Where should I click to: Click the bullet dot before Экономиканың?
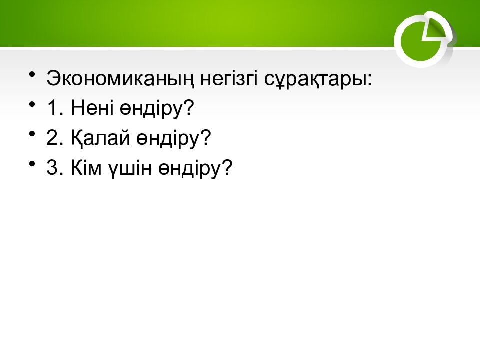click(33, 75)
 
